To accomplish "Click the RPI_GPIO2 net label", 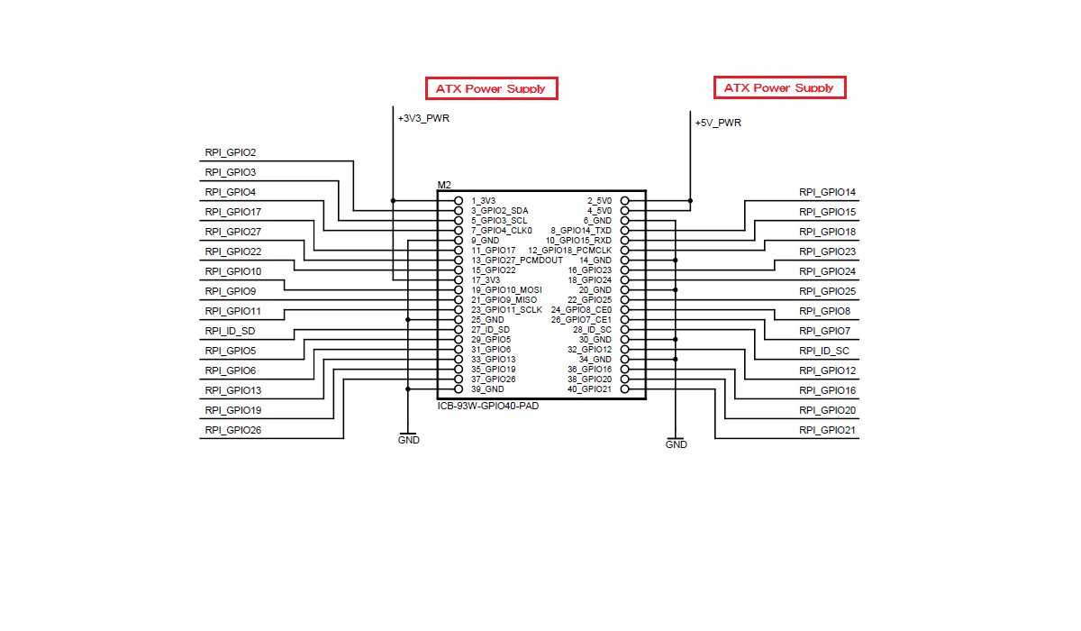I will click(x=231, y=152).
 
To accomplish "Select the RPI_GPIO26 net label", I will click(x=233, y=430).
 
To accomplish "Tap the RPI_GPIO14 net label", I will click(x=827, y=192).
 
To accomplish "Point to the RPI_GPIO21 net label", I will click(x=827, y=430).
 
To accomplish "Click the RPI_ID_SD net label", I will click(x=230, y=331).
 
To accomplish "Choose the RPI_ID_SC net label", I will click(x=823, y=351).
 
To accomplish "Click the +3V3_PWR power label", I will click(x=423, y=117).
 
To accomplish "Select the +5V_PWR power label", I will click(x=718, y=123).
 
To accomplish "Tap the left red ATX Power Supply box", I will click(x=491, y=88).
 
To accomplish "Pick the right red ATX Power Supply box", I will click(x=779, y=87).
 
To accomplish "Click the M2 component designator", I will click(x=444, y=185).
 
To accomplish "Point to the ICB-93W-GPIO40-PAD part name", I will click(x=487, y=405).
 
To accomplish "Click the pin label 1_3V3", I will click(x=483, y=200).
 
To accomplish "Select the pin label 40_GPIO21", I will click(x=589, y=389).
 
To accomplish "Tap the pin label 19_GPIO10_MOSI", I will click(x=505, y=289).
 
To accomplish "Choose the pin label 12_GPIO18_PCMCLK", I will click(x=569, y=250).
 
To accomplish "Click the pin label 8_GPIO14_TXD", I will click(x=579, y=230).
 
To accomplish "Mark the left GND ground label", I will click(x=408, y=440).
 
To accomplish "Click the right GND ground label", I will click(x=676, y=444).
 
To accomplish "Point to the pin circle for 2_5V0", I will click(x=625, y=200).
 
